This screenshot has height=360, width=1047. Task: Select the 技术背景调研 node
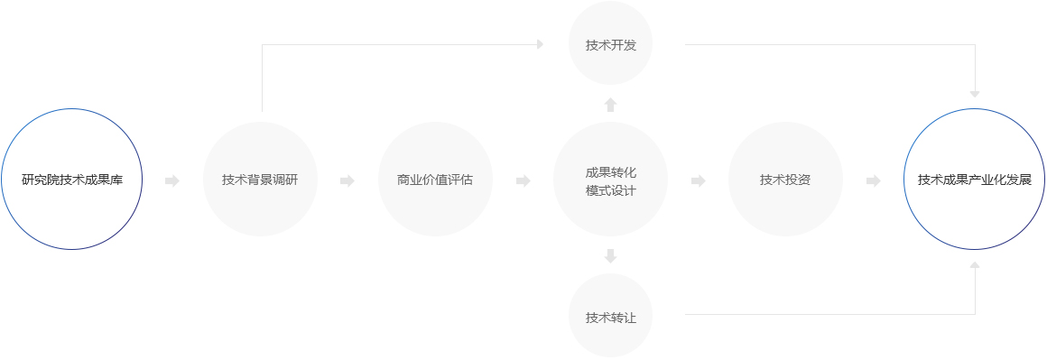coord(261,179)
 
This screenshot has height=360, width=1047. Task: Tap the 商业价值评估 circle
coord(435,179)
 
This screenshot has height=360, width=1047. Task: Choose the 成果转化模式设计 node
coord(610,179)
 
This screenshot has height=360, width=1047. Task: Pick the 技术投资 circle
coord(785,179)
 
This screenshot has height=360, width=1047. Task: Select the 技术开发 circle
coord(610,43)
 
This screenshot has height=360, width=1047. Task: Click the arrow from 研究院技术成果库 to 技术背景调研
coord(172,180)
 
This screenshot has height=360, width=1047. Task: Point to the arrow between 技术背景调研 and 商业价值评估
coord(347,180)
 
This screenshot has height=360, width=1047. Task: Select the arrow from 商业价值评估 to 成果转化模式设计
coord(523,180)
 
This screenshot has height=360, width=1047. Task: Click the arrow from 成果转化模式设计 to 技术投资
coord(699,180)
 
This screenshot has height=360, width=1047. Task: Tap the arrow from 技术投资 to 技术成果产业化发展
coord(874,180)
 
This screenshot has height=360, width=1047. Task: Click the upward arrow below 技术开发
coord(610,104)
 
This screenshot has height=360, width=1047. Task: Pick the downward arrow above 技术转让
coord(610,255)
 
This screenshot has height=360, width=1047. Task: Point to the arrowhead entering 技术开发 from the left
coord(540,44)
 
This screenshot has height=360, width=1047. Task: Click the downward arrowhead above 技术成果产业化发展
coord(975,94)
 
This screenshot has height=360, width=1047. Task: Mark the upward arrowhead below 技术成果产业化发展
coord(975,265)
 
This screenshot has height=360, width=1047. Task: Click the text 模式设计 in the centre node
coord(610,190)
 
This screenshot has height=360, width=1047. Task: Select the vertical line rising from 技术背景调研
coord(263,78)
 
